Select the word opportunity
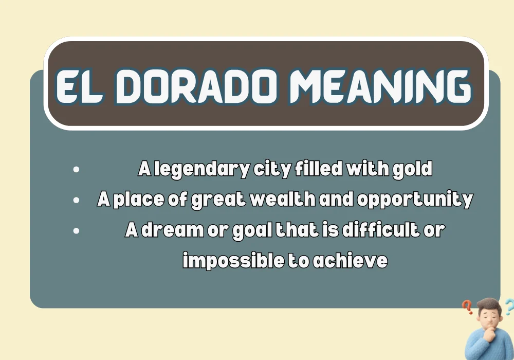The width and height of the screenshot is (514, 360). click(x=414, y=200)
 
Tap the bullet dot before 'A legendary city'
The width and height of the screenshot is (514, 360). click(x=77, y=169)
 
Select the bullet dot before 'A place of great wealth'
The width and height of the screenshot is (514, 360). click(x=77, y=200)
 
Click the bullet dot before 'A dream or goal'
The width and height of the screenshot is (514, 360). click(x=77, y=230)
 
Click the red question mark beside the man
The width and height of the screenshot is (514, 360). click(x=467, y=308)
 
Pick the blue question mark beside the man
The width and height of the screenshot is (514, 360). click(x=508, y=307)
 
